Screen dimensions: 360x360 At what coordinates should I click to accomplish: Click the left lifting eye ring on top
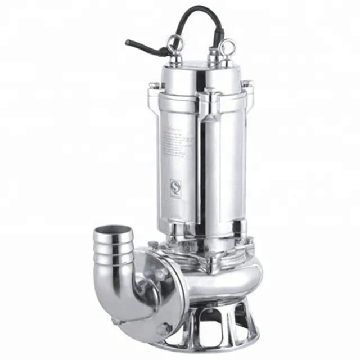175,43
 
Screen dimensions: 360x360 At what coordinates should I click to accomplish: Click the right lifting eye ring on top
227,47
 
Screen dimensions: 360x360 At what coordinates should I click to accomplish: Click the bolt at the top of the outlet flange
152,244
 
